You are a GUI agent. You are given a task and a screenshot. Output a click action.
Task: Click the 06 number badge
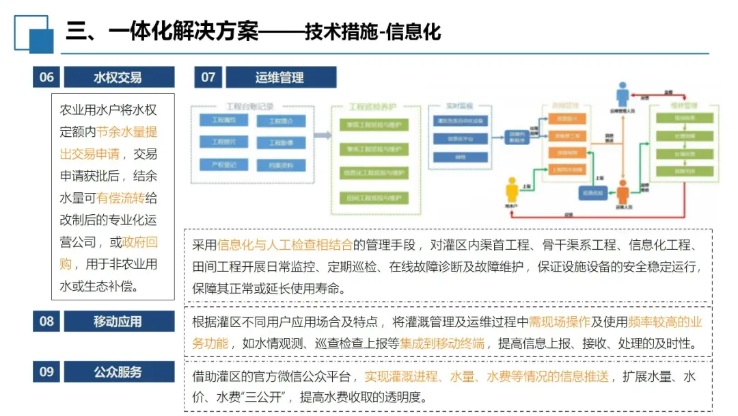[x=46, y=77]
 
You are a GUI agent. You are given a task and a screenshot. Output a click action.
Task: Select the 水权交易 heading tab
[x=118, y=77]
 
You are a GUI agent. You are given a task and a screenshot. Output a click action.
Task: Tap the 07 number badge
[x=208, y=77]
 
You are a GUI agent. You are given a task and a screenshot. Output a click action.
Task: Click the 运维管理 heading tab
[x=279, y=77]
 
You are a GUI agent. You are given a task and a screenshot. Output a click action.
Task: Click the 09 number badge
[x=46, y=372]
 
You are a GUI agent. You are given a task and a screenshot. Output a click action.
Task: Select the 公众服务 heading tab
[x=118, y=372]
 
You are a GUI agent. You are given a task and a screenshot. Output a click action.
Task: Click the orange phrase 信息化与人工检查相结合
[x=285, y=245]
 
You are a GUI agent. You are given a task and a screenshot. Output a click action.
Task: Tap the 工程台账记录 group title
[x=249, y=107]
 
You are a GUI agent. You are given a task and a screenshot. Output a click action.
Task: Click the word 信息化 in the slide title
[x=413, y=32]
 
